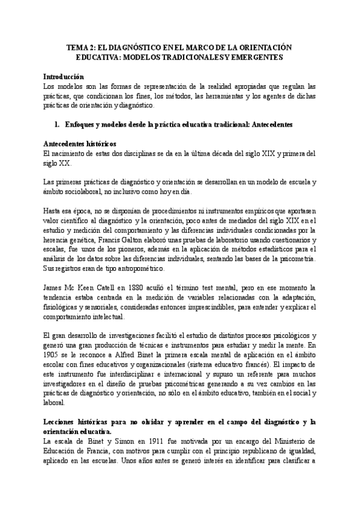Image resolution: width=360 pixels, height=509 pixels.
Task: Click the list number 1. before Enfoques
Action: tap(58, 125)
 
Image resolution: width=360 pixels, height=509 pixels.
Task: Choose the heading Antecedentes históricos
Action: tap(80, 145)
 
